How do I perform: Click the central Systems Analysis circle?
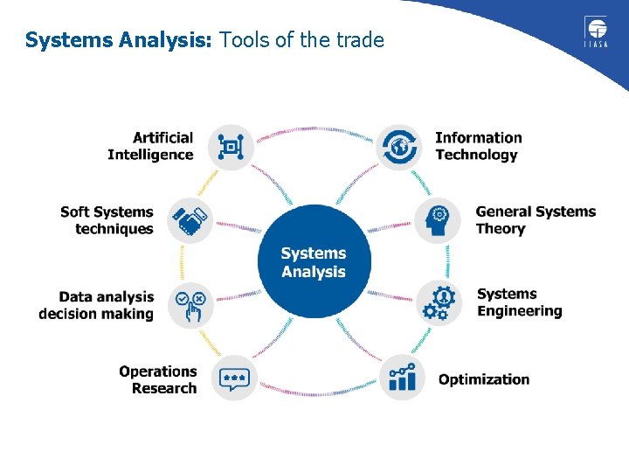pos(314,262)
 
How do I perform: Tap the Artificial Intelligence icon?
pos(231,147)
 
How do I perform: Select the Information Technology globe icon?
pos(398,147)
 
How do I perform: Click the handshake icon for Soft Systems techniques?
pos(190,220)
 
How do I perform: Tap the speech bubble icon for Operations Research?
pos(233,378)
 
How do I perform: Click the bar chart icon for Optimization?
pos(402,378)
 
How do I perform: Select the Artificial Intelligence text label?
pos(150,147)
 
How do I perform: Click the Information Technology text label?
pos(478,147)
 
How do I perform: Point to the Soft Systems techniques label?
pos(107,220)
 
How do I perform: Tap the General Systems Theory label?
pos(535,220)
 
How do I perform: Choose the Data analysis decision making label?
pos(96,305)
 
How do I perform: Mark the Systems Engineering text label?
pos(519,302)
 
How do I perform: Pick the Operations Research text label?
pos(158,379)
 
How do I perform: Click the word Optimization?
pos(484,379)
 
